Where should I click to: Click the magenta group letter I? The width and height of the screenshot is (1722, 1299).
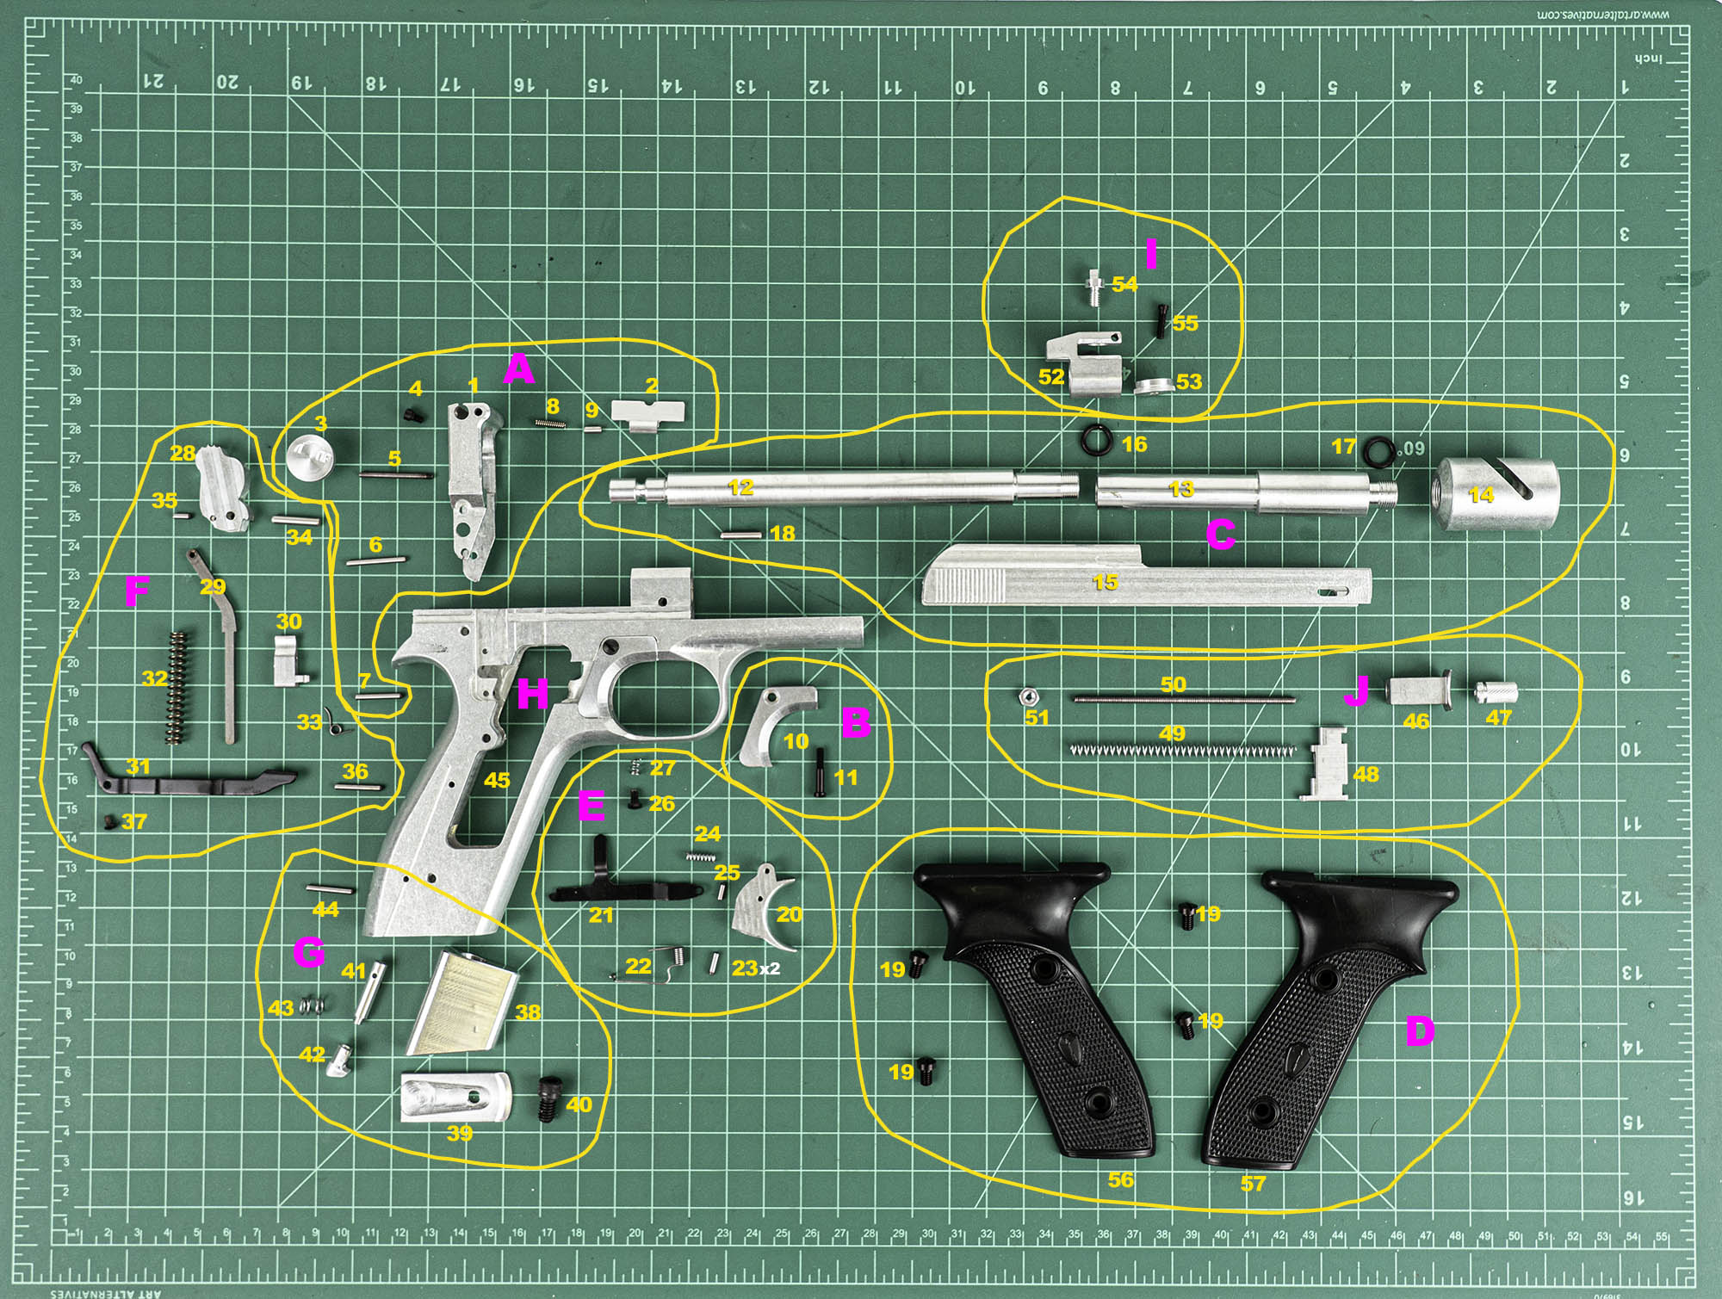[1151, 255]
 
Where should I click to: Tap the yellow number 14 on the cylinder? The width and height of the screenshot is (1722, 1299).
[1481, 495]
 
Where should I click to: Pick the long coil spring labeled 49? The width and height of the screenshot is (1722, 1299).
[1181, 751]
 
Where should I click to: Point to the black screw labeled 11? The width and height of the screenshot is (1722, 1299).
[819, 771]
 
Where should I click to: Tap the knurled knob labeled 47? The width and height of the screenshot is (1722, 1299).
[1495, 691]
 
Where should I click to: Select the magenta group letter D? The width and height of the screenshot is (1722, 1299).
[1420, 1030]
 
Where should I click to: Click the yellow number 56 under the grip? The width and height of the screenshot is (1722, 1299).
[1120, 1179]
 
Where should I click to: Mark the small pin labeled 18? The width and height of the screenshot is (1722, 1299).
[740, 535]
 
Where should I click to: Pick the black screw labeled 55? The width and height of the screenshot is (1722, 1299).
[1161, 322]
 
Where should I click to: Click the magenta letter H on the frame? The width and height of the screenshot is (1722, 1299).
[532, 693]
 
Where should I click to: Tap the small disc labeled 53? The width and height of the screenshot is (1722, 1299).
[1153, 386]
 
